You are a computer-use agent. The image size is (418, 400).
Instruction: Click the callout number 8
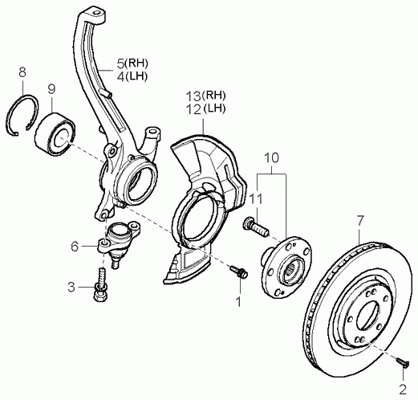click(x=22, y=72)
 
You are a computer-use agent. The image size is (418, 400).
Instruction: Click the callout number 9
click(x=51, y=89)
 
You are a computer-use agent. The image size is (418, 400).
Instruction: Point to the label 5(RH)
click(x=132, y=63)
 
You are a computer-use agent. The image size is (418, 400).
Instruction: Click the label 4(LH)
click(x=132, y=76)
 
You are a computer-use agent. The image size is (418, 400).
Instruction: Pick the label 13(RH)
click(x=206, y=96)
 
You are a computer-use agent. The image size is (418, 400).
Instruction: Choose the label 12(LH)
click(x=206, y=108)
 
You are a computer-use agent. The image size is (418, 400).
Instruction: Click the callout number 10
click(x=272, y=158)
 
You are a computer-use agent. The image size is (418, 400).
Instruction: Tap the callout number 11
click(x=257, y=199)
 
